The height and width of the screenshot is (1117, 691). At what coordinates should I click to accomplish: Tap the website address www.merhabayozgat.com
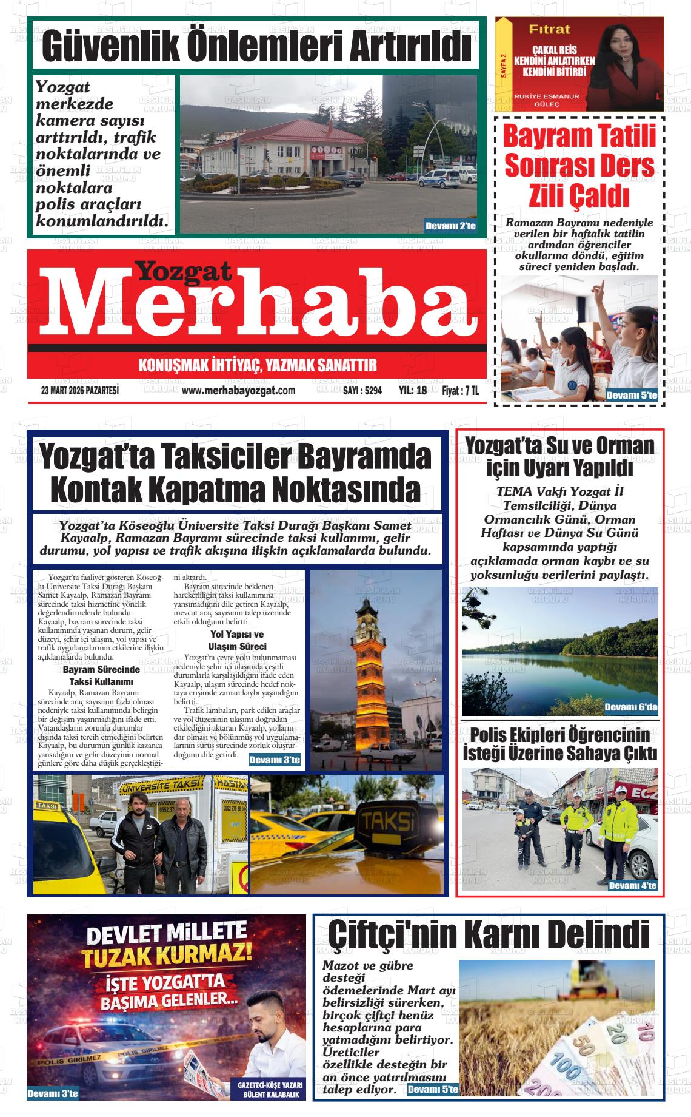[x=238, y=391]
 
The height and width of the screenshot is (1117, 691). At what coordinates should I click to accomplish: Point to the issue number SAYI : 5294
[x=362, y=391]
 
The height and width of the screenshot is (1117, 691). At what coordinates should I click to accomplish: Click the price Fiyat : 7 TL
[x=460, y=391]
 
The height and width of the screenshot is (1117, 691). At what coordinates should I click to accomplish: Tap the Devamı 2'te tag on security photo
[x=450, y=226]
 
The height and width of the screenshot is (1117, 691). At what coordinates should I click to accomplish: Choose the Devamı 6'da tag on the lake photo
[x=630, y=707]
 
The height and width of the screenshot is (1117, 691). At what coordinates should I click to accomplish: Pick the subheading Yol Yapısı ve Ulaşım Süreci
[x=237, y=641]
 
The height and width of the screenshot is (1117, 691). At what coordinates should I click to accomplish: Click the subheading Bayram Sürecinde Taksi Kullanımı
[x=101, y=676]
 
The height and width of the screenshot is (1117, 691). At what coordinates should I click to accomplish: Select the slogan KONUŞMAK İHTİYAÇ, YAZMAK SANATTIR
[x=258, y=365]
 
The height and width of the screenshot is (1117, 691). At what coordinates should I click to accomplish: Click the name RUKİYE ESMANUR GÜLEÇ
[x=546, y=100]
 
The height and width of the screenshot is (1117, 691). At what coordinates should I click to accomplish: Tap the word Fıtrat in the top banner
[x=549, y=29]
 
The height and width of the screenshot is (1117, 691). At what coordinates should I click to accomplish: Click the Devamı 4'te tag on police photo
[x=632, y=886]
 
